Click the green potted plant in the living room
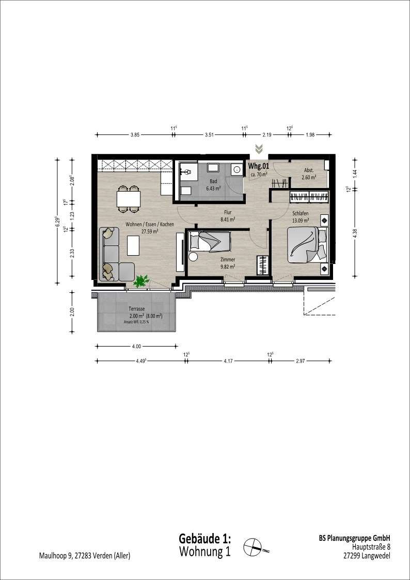[141, 281]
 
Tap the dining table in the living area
[129, 199]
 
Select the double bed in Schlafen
[307, 245]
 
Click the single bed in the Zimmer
[210, 242]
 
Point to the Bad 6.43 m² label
[213, 185]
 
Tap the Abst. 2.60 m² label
[309, 174]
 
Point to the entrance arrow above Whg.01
[259, 149]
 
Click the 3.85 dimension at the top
[135, 135]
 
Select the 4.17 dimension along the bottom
[228, 360]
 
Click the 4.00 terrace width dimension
[136, 346]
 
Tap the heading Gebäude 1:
[205, 538]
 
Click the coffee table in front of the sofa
[133, 246]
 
